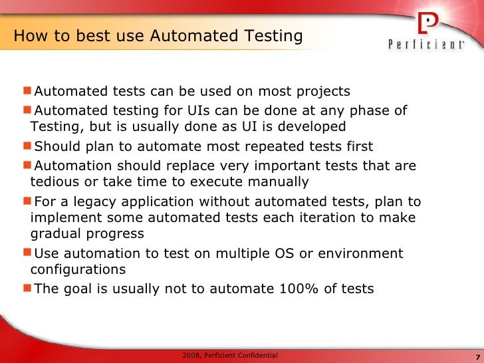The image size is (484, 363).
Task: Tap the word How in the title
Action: (x=30, y=36)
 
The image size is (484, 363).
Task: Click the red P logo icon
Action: (x=427, y=24)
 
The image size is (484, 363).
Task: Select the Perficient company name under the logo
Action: (x=426, y=45)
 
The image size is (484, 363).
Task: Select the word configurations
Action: (x=78, y=269)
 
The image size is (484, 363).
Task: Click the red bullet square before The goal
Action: (x=27, y=288)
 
